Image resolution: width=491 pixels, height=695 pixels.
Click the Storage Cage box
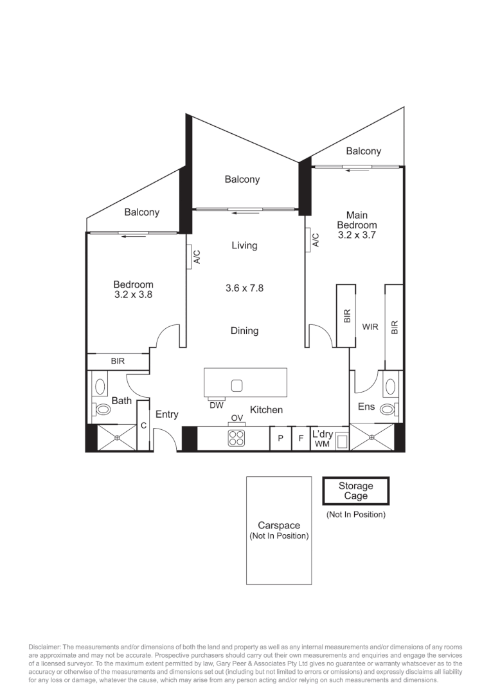(x=355, y=491)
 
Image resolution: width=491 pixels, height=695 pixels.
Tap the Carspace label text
(x=279, y=526)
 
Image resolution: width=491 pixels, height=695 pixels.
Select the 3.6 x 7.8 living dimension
(x=244, y=288)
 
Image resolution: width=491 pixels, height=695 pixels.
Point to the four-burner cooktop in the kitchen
(x=237, y=438)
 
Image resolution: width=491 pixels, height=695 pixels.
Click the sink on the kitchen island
(x=237, y=385)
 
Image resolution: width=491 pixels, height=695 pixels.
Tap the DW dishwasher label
(x=216, y=405)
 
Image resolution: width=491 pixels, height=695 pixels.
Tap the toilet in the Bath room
(x=102, y=409)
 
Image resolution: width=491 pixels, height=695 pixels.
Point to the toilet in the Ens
(x=388, y=409)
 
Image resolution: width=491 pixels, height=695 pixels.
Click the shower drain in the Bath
(x=117, y=438)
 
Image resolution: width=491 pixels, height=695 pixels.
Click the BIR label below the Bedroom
(x=118, y=362)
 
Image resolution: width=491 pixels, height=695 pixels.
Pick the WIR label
(x=370, y=327)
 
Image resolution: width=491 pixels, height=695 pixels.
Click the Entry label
(x=166, y=414)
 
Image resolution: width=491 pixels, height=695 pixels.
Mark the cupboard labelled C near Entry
(x=144, y=426)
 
